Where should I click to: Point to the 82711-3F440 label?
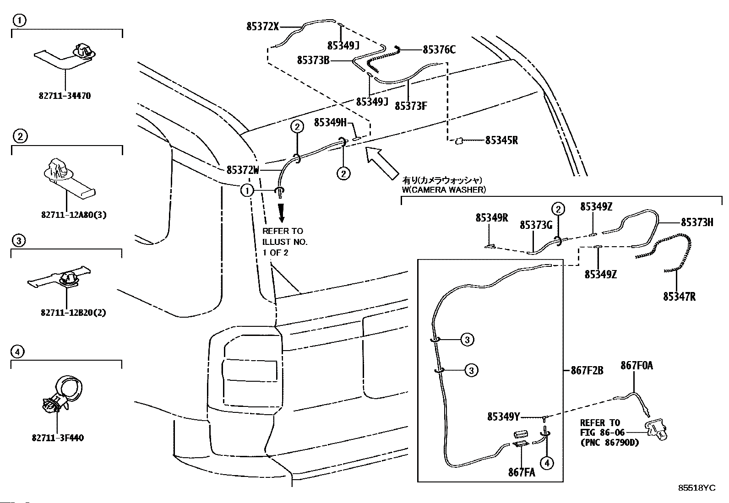tap(58, 438)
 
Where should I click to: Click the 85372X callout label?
tap(262, 27)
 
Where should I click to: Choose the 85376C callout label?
tap(439, 50)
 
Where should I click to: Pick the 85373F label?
tap(411, 106)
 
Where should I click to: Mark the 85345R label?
tap(501, 141)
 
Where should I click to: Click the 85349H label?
tap(331, 123)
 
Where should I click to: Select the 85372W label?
tap(243, 170)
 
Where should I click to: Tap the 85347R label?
tap(679, 297)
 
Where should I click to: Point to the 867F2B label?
tap(587, 370)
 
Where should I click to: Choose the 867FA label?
tap(521, 472)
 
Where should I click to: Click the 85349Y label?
tap(504, 416)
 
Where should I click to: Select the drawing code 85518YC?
tap(696, 488)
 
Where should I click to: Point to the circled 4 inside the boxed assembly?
tap(546, 463)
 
